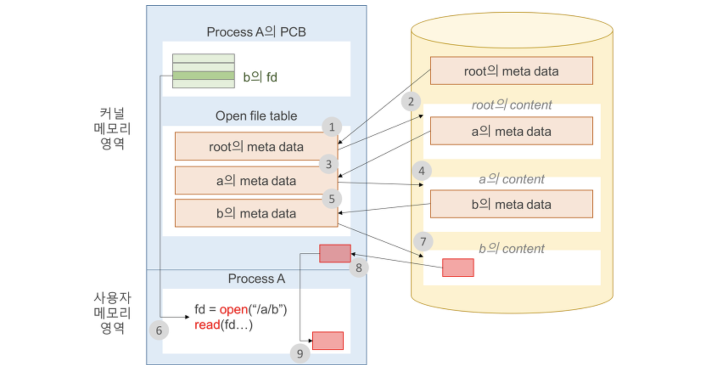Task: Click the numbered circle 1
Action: coord(332,127)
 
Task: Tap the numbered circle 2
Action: coord(411,101)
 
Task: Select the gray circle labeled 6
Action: coord(159,330)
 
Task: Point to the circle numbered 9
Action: coord(300,353)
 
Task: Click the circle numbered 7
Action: coord(423,242)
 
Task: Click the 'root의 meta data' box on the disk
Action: coord(511,71)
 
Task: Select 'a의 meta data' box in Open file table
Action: coord(256,180)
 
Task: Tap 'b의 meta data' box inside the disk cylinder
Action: coord(511,204)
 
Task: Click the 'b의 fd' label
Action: coord(260,77)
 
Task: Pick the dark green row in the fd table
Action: coord(203,76)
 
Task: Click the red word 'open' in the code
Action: coord(233,309)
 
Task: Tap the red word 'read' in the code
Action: coord(207,325)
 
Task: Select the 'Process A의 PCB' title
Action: coord(256,32)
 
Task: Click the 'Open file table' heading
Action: coord(256,116)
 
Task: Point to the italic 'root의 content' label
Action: coord(511,104)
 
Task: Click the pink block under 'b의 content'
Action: coord(458,268)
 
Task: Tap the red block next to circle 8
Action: coord(335,254)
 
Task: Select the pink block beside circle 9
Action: coord(328,341)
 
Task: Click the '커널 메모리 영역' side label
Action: coord(112,128)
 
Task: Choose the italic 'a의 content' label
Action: coord(511,179)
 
